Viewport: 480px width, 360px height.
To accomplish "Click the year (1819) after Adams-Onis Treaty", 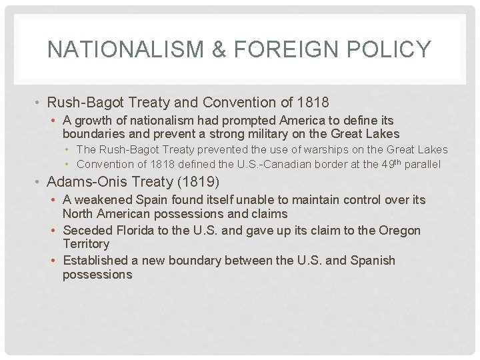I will click(x=199, y=181).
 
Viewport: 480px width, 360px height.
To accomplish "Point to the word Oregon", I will click(x=399, y=230).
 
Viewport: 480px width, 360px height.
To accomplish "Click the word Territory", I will click(x=86, y=244).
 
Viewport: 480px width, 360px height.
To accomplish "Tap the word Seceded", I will click(x=87, y=230).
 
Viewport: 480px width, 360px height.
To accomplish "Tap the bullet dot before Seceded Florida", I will click(x=53, y=231).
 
